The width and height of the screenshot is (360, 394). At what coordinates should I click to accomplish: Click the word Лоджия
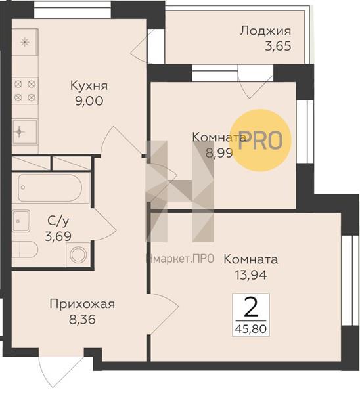click(265, 31)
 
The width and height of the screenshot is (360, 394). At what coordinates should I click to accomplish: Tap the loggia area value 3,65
click(278, 46)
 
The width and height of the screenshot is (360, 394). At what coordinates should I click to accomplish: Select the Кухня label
click(89, 85)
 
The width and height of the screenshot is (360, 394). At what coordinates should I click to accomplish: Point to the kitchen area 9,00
click(89, 100)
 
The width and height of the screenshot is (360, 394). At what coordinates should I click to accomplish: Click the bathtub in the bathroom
click(50, 188)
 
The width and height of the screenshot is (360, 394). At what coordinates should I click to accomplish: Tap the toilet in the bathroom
click(25, 250)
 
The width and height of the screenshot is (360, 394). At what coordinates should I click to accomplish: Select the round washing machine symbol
click(78, 255)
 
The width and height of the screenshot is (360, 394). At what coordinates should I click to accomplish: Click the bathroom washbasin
click(21, 221)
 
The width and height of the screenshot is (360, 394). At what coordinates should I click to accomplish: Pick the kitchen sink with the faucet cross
click(25, 132)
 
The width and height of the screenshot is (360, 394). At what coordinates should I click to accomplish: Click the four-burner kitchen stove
click(25, 91)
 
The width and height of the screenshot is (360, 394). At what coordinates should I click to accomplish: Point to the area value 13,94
click(251, 274)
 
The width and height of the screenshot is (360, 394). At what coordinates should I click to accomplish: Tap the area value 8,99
click(219, 152)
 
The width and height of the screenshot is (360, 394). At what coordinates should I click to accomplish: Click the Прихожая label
click(82, 304)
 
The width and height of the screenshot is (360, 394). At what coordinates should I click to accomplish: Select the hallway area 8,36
click(82, 320)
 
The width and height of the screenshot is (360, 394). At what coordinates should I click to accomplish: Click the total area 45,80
click(251, 328)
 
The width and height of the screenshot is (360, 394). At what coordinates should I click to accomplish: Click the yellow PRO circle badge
click(261, 141)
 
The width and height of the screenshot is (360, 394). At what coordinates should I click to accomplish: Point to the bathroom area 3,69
click(58, 236)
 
